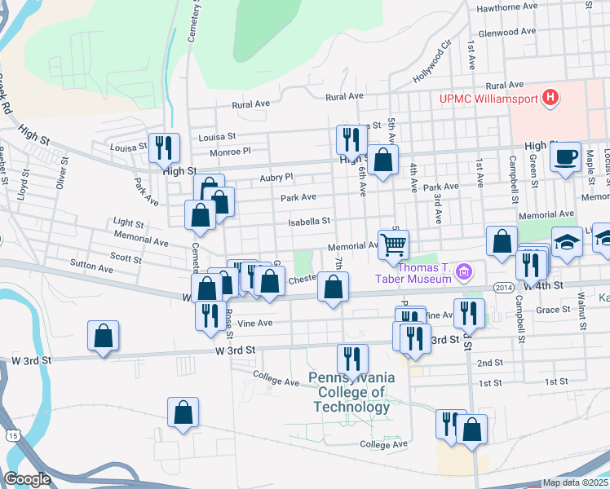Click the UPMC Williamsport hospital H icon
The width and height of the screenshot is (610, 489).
[x=551, y=99]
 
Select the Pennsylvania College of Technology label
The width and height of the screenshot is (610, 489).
[x=351, y=392]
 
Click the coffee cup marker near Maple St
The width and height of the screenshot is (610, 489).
[x=565, y=156]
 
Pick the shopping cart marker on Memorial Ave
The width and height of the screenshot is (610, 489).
[x=393, y=244]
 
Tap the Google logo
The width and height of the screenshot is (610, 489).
[x=28, y=479]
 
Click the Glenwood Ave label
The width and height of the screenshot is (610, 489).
[x=507, y=32]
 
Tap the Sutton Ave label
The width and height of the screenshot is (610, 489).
[x=92, y=267]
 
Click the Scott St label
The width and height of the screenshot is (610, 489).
[x=126, y=258]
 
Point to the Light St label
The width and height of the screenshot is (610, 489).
[x=129, y=222]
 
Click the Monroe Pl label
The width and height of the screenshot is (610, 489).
[x=230, y=152]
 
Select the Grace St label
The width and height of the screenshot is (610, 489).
[x=553, y=310]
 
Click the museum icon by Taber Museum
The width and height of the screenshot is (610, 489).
[x=464, y=271]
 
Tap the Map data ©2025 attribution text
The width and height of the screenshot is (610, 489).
[x=575, y=482]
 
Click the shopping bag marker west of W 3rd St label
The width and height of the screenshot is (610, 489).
[x=103, y=335]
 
